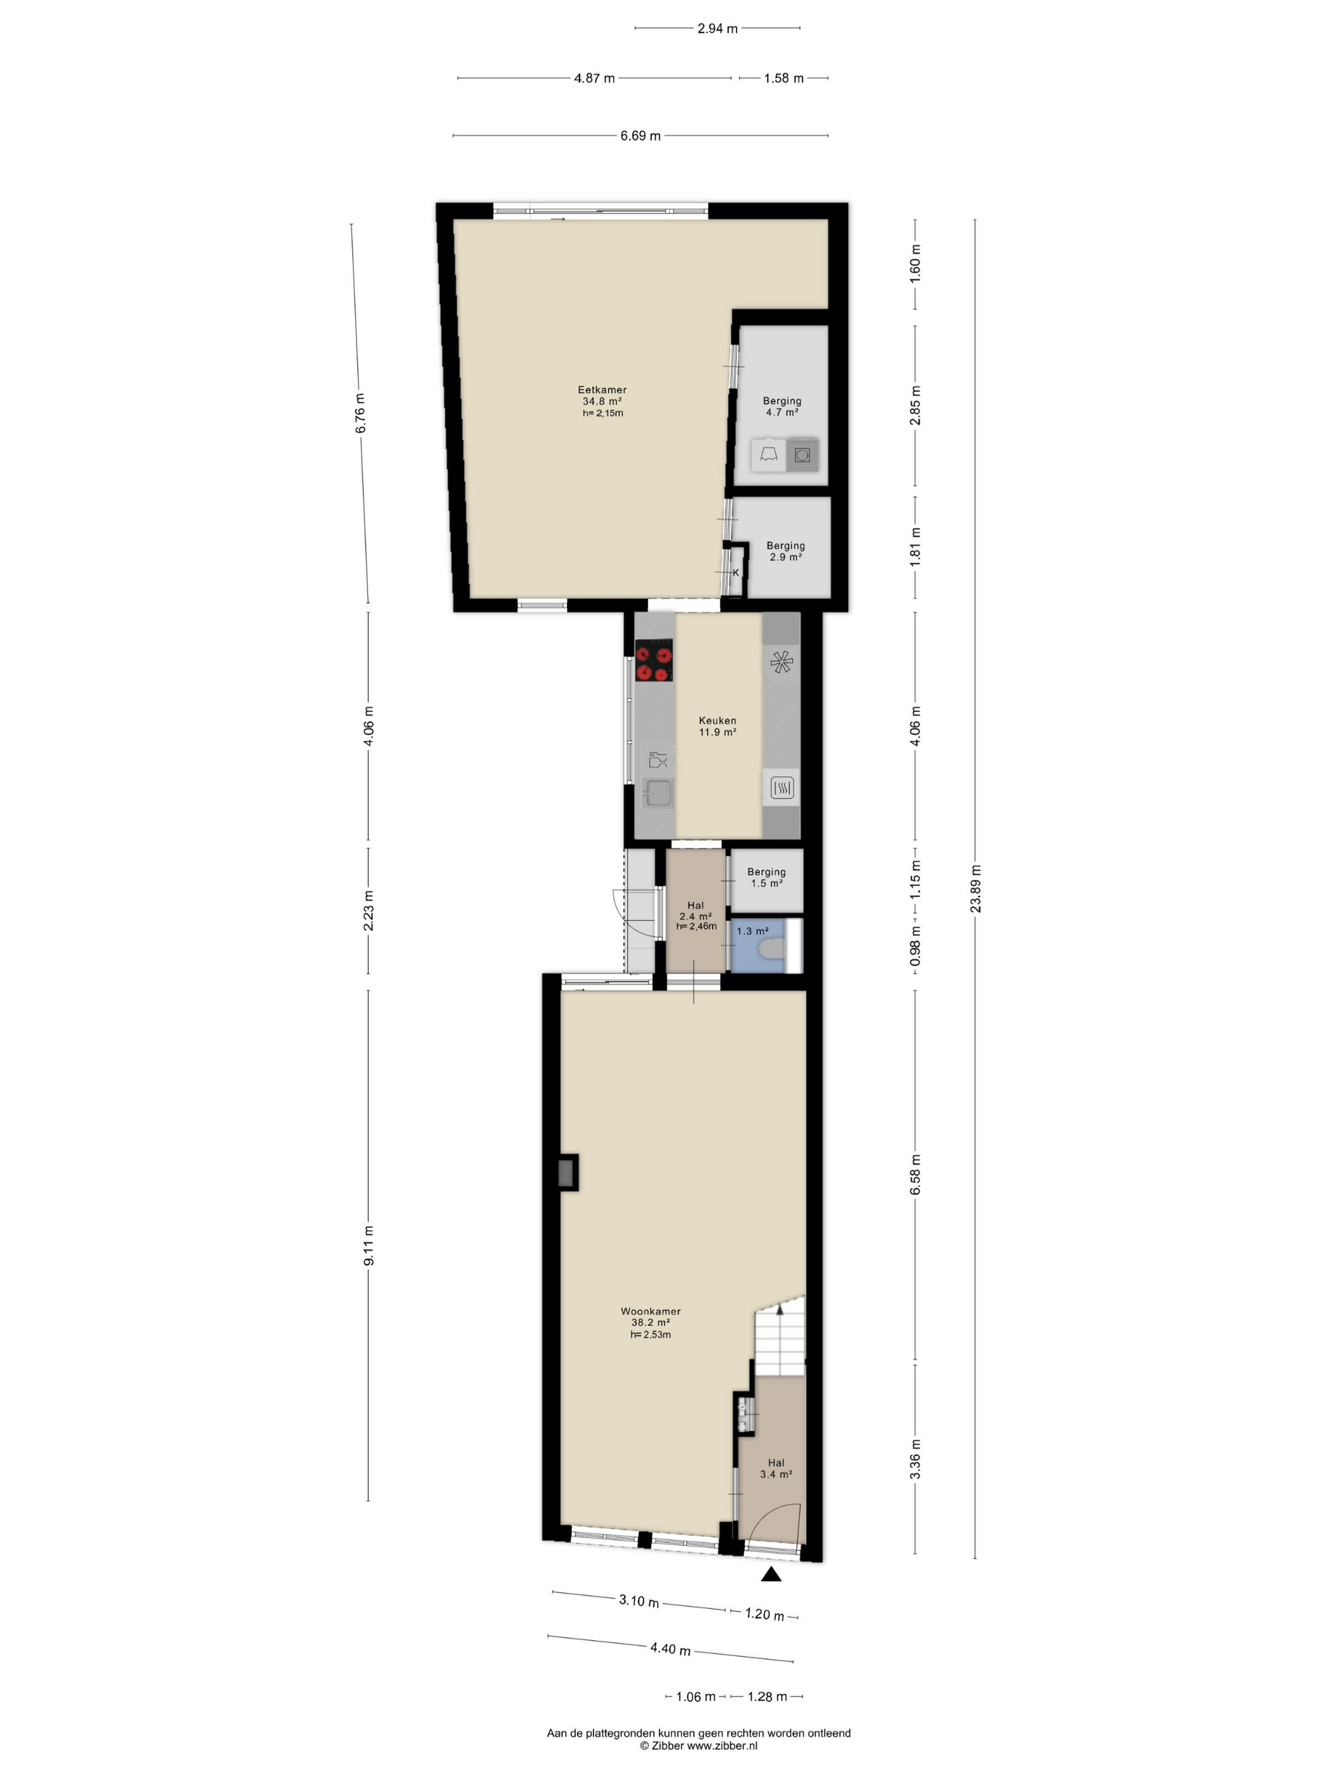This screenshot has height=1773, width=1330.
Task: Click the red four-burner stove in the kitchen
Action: pyautogui.click(x=654, y=660)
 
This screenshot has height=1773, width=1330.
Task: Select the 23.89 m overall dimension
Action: pyautogui.click(x=976, y=889)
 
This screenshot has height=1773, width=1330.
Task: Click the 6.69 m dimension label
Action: pyautogui.click(x=640, y=136)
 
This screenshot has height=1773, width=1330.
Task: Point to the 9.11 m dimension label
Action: pyautogui.click(x=369, y=1246)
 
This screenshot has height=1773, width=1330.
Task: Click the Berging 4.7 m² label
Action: pyautogui.click(x=782, y=407)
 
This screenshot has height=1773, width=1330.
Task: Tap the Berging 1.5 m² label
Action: pyautogui.click(x=766, y=878)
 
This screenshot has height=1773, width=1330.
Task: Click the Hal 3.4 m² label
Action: pyautogui.click(x=776, y=1468)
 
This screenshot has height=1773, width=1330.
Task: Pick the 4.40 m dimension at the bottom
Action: pyautogui.click(x=670, y=1649)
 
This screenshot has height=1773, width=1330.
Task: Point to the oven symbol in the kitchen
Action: pyautogui.click(x=782, y=788)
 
